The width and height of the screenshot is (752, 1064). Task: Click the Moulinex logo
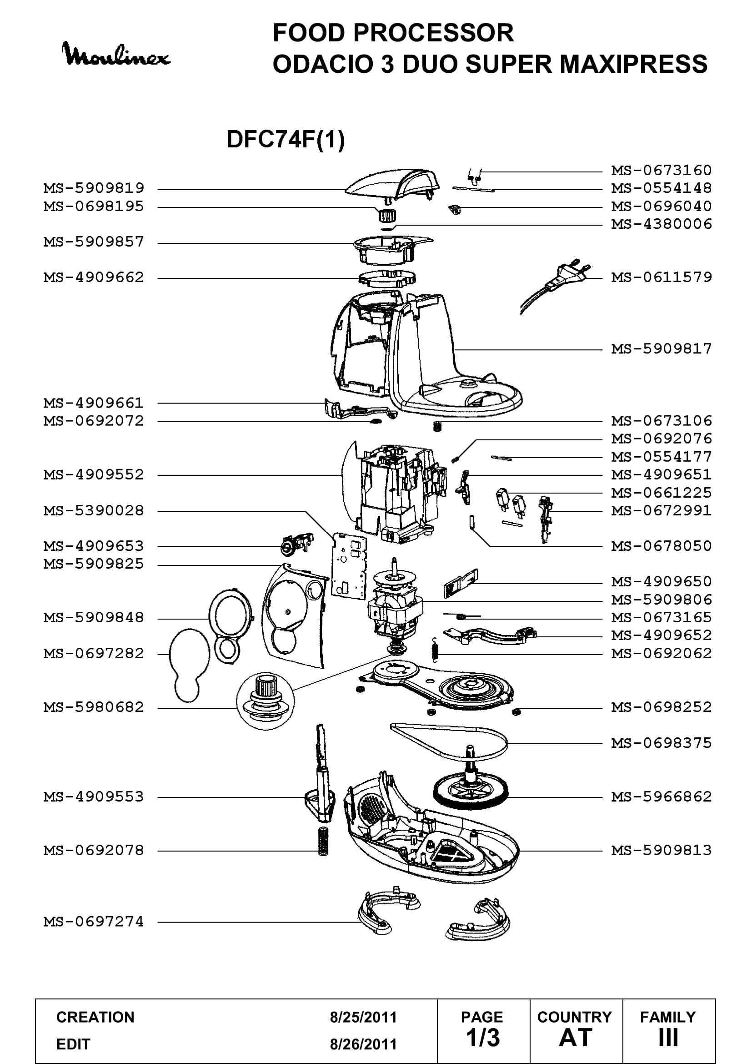(116, 54)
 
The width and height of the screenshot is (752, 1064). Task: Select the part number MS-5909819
(94, 188)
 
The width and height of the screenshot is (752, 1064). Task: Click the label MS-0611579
(662, 277)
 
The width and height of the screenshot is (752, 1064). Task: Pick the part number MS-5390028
(94, 511)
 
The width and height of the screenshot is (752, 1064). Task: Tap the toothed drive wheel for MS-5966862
(471, 794)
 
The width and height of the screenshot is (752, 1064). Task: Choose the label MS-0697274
(94, 922)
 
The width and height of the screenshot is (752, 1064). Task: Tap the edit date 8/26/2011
(364, 1044)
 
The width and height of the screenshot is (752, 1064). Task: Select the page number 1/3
(483, 1038)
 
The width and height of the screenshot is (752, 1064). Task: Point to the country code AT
(576, 1038)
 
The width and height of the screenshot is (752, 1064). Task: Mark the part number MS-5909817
(662, 348)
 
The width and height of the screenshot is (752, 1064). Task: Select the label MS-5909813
(662, 850)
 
